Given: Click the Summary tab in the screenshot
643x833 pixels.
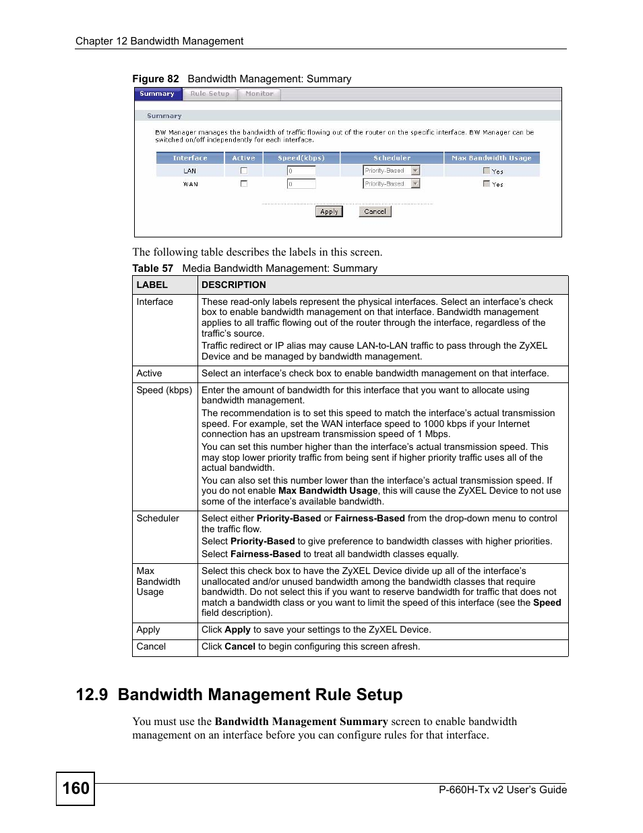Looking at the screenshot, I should point(158,94).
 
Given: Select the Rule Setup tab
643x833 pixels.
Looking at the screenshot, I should point(210,94).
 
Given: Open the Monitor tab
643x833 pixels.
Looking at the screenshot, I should point(259,94).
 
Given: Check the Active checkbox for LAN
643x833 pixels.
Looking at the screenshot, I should point(244,171).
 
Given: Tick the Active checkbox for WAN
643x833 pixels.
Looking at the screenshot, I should point(244,183).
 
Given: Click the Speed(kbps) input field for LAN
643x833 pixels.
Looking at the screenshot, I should point(301,171).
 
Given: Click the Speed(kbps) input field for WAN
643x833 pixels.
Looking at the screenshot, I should point(301,184).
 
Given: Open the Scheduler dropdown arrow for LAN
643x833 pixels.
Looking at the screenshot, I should point(415,171).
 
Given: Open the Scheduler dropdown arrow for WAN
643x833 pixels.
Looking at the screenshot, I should point(415,183).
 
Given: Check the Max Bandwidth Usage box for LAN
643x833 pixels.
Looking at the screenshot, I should point(487,171).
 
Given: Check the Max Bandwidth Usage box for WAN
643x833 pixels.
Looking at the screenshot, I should point(487,183).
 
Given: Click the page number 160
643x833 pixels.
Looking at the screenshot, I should point(75,788).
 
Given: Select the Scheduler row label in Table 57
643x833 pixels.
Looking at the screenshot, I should point(158,519).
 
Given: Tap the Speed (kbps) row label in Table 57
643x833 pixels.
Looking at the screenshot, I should point(164,391).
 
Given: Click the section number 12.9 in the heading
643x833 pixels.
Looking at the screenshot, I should point(92,695).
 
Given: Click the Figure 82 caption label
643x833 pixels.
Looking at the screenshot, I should point(156,79).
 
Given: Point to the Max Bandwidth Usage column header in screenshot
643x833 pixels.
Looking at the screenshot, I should point(491,159).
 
